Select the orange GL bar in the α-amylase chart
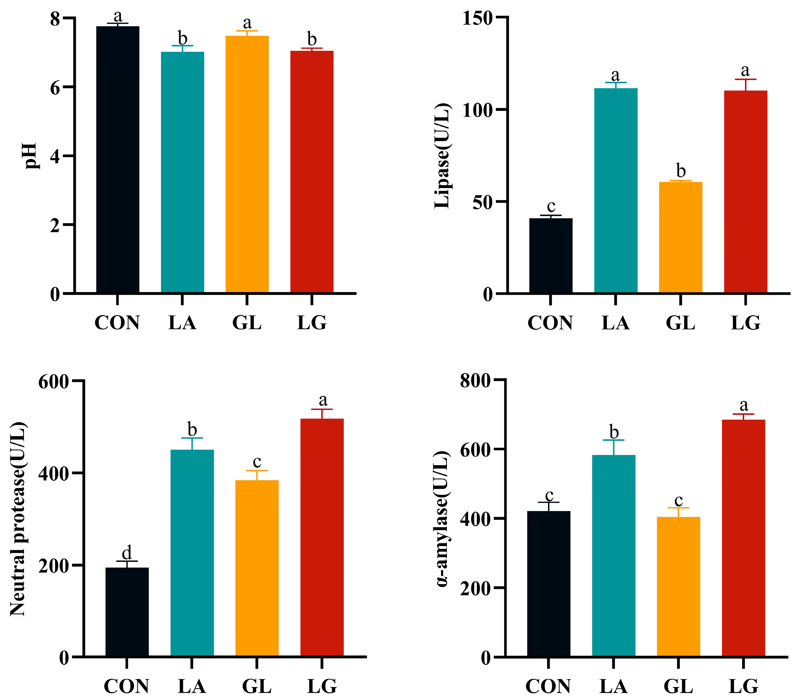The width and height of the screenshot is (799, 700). click(x=678, y=586)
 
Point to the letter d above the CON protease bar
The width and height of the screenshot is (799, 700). click(x=127, y=553)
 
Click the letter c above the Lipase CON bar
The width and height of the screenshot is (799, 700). click(x=551, y=206)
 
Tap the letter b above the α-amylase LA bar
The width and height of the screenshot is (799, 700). click(x=614, y=432)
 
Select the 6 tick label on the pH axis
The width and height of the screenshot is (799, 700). click(x=55, y=88)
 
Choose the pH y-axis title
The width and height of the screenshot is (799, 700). click(x=30, y=155)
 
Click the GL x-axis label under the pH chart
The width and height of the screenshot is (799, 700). click(x=247, y=323)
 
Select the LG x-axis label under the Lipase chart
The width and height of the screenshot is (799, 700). click(x=746, y=323)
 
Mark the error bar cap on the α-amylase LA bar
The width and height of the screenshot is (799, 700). click(x=613, y=440)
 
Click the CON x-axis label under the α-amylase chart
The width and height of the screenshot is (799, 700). click(x=548, y=686)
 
